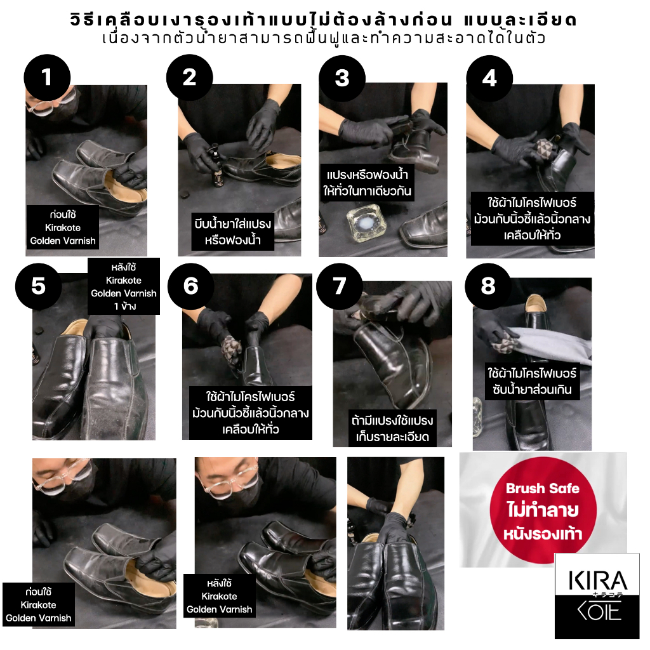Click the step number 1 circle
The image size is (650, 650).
pyautogui.click(x=47, y=77)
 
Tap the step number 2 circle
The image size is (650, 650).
pyautogui.click(x=189, y=77)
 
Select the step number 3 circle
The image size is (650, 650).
pyautogui.click(x=342, y=78)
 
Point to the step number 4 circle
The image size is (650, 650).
pyautogui.click(x=489, y=78)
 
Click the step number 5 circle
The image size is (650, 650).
pyautogui.click(x=39, y=286)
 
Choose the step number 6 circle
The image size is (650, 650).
pyautogui.click(x=190, y=286)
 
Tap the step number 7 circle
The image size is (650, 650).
pyautogui.click(x=340, y=286)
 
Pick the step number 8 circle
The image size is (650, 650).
pyautogui.click(x=488, y=286)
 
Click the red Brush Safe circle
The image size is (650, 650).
pyautogui.click(x=543, y=510)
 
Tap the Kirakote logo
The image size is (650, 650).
pyautogui.click(x=597, y=595)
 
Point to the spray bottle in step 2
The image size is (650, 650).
pyautogui.click(x=216, y=166)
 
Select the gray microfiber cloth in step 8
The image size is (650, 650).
pyautogui.click(x=547, y=344)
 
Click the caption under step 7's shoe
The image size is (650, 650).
pyautogui.click(x=392, y=428)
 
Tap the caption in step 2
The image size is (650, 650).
pyautogui.click(x=232, y=232)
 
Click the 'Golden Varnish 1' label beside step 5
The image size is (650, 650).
pyautogui.click(x=124, y=286)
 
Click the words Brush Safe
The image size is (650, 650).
pyautogui.click(x=543, y=488)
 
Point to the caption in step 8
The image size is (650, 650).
pyautogui.click(x=532, y=381)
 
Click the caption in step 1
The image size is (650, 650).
pyautogui.click(x=63, y=227)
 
